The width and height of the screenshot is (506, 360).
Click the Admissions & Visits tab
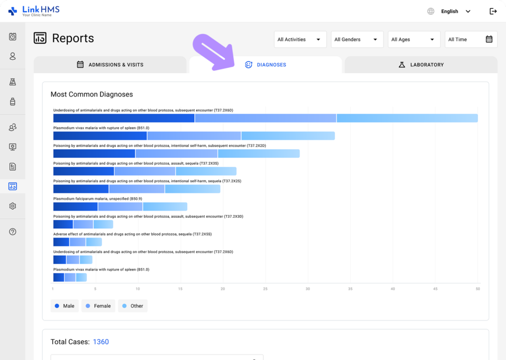(x=110, y=65)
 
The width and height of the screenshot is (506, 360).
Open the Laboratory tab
(x=421, y=65)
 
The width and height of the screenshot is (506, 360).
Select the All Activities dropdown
(x=300, y=40)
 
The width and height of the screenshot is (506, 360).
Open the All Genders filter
(x=357, y=40)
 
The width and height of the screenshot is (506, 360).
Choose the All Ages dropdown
(x=414, y=40)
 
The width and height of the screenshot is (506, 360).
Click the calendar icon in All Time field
(x=489, y=40)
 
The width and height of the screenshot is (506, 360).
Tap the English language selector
(x=449, y=11)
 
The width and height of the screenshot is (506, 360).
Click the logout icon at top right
(x=493, y=11)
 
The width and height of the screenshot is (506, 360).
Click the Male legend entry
(x=64, y=306)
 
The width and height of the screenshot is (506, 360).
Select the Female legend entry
(x=98, y=306)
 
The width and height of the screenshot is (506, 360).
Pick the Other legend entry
(x=132, y=306)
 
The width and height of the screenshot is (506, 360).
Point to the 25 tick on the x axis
(x=265, y=289)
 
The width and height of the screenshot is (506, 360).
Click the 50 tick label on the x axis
(x=477, y=289)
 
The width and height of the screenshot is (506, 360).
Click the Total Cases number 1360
(x=101, y=342)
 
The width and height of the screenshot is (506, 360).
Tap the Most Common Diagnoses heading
(x=91, y=94)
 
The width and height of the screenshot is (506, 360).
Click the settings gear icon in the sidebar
(x=13, y=206)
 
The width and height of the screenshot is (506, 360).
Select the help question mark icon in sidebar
(x=13, y=232)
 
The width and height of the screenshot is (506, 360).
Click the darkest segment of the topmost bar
(x=124, y=118)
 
